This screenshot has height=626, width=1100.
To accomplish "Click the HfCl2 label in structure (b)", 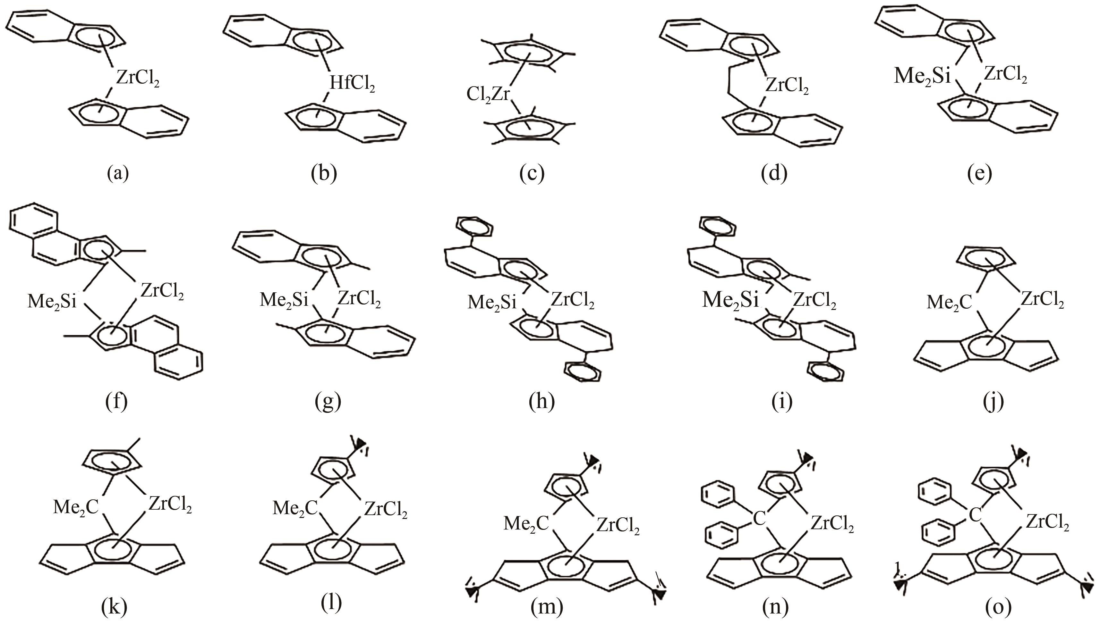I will pos(352,84).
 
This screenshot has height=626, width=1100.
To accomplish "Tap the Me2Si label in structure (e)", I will pos(922,76).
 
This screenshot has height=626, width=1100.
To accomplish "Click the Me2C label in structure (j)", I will pos(949,303).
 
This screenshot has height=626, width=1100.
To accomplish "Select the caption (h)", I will pos(541,401).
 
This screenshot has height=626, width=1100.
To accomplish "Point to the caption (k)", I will pos(114,606).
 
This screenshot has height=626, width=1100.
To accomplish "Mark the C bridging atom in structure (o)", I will pos(975,515).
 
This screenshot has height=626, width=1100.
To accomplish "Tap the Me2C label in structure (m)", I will pos(526,524).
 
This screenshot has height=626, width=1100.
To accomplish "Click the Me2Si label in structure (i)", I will pos(730,300).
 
